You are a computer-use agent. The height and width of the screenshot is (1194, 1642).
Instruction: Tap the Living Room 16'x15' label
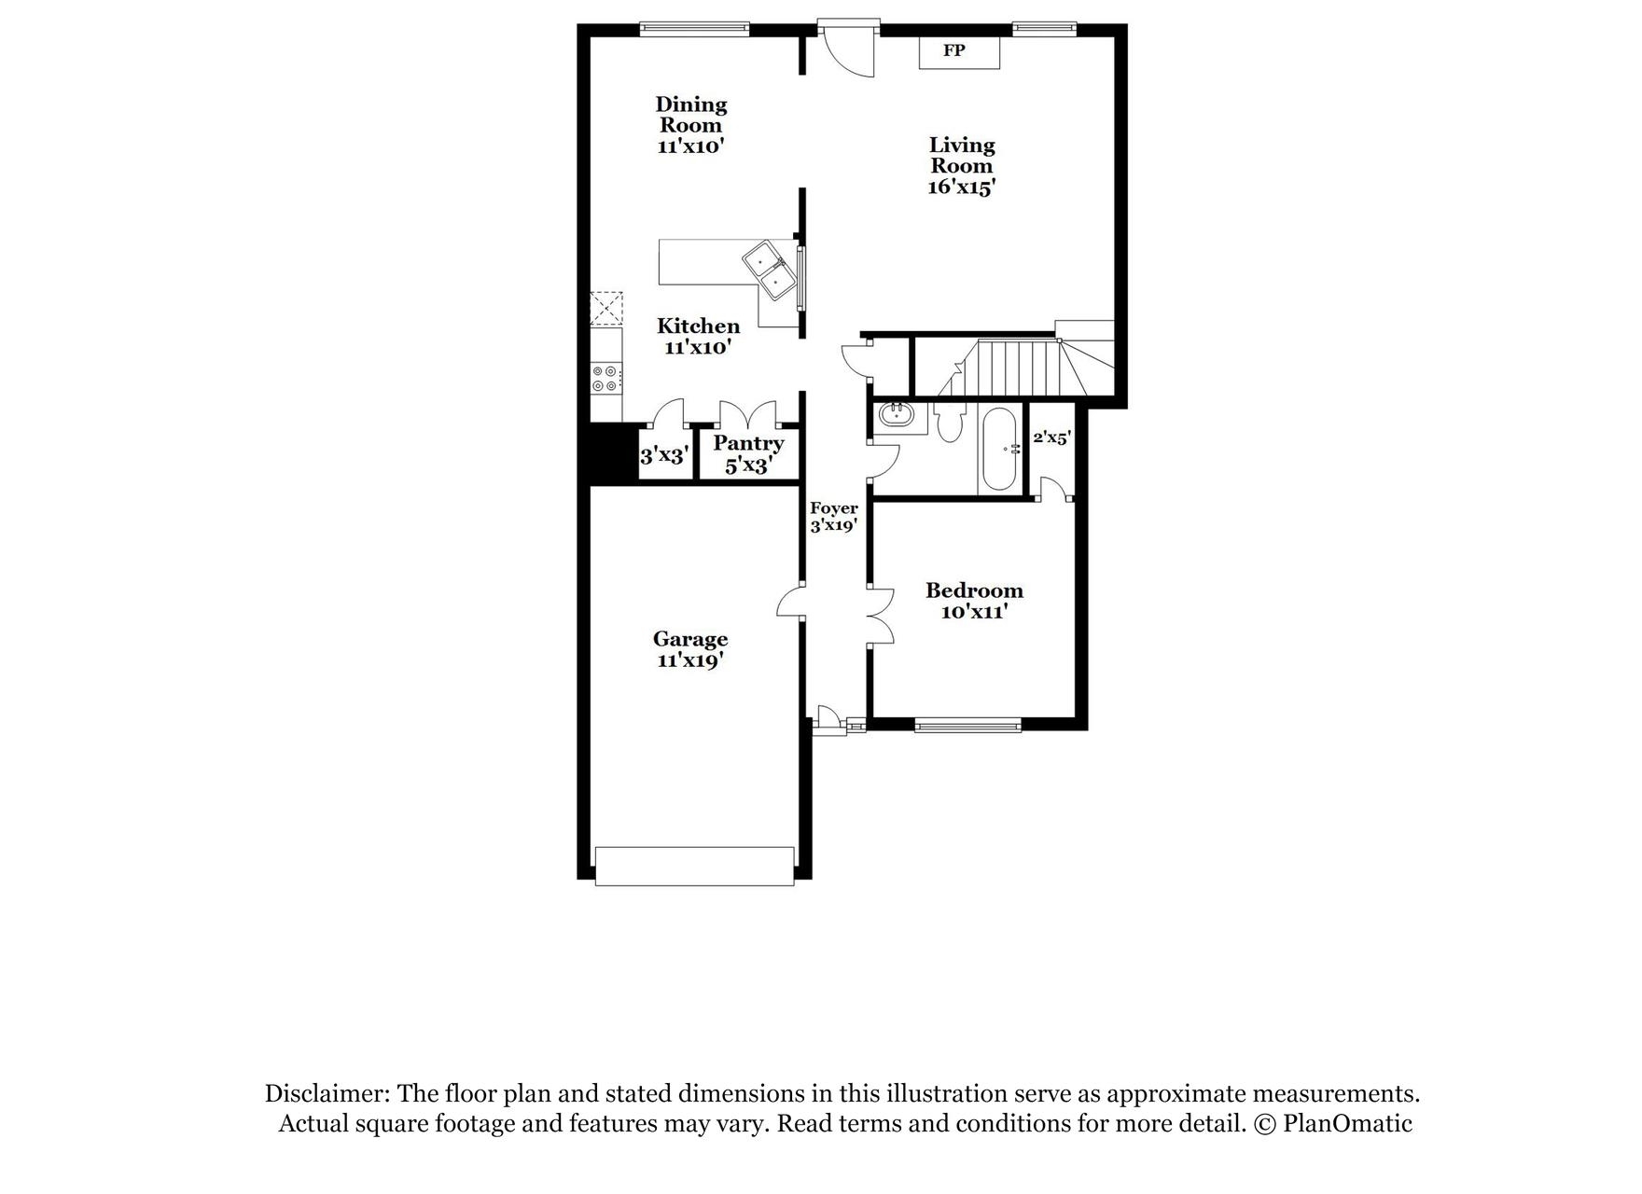click(x=962, y=166)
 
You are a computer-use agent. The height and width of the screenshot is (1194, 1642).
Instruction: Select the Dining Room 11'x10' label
click(x=690, y=125)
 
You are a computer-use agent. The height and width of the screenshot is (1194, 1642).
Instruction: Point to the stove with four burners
click(x=605, y=378)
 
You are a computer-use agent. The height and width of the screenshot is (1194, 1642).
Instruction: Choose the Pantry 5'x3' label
click(x=748, y=454)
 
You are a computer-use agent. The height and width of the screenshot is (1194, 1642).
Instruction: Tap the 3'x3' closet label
click(x=664, y=456)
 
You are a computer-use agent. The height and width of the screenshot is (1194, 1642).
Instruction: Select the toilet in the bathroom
click(x=949, y=423)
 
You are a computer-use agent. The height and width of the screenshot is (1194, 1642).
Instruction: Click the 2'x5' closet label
click(x=1051, y=437)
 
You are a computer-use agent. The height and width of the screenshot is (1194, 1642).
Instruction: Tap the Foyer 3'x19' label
click(x=833, y=517)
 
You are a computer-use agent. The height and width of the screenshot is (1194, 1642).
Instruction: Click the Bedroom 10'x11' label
click(x=974, y=601)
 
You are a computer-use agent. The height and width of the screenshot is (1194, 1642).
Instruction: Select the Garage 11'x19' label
click(x=690, y=649)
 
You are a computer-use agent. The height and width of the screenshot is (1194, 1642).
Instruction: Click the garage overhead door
click(x=694, y=865)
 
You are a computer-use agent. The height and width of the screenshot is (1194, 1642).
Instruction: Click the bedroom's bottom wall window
click(x=967, y=725)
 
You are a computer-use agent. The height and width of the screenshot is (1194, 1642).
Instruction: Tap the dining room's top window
click(x=694, y=30)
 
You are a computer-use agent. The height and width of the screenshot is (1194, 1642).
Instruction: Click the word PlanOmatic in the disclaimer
click(x=1347, y=1123)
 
